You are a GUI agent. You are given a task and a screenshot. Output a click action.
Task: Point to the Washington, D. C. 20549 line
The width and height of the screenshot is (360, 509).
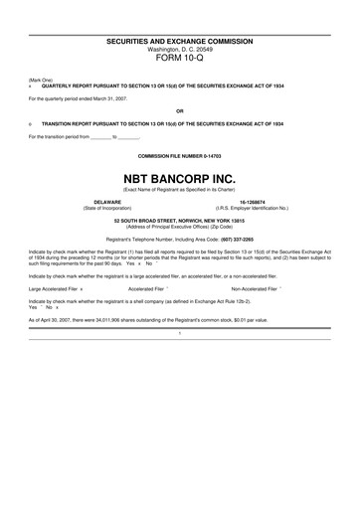179,48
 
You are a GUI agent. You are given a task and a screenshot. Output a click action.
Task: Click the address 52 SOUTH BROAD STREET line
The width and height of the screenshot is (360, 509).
179,223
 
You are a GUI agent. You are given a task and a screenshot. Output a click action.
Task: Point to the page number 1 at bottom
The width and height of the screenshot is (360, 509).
179,333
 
